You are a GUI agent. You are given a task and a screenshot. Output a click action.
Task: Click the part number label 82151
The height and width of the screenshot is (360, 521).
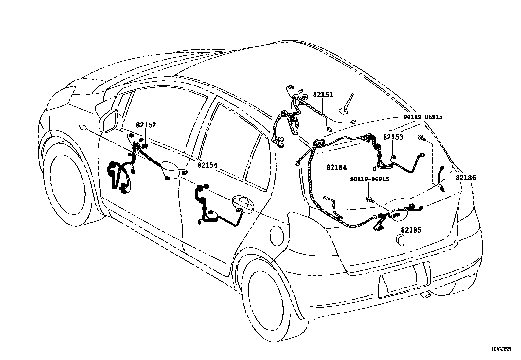(323, 95)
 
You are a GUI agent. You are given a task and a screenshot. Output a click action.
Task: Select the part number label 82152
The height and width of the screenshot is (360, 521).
(146, 125)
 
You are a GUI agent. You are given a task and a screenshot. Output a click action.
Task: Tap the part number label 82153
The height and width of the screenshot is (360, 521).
(393, 137)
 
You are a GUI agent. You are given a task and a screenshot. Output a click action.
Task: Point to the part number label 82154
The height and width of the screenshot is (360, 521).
(207, 165)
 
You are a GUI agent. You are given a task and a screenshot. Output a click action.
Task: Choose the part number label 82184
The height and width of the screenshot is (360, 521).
(336, 167)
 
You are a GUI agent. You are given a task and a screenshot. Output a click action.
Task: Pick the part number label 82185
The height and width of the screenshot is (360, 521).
(411, 230)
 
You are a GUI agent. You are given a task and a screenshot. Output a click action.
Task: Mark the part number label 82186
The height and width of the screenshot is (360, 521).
(466, 178)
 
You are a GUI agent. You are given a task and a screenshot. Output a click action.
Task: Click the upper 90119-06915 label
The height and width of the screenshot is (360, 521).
(423, 117)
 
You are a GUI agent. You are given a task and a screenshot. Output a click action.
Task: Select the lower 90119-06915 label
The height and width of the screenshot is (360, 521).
(369, 179)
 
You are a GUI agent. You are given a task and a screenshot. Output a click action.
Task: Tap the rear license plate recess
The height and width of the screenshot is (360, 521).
(404, 278)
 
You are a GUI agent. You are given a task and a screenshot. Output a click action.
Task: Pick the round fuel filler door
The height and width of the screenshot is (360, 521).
(277, 235)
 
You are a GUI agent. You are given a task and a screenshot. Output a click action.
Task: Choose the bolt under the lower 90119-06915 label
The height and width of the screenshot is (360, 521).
(370, 199)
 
